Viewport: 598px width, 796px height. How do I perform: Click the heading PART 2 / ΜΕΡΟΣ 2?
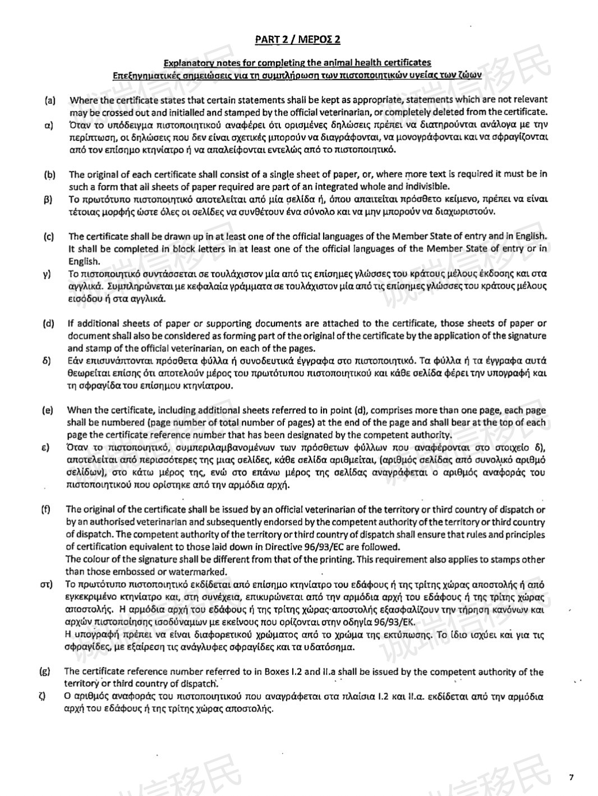click(297, 39)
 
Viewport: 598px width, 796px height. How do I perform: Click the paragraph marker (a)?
click(50, 101)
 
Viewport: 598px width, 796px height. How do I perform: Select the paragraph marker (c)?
click(49, 236)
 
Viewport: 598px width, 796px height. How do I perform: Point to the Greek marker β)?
click(48, 199)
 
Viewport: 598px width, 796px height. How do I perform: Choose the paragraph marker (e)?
click(48, 410)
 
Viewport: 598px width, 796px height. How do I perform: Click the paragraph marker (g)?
click(45, 671)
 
